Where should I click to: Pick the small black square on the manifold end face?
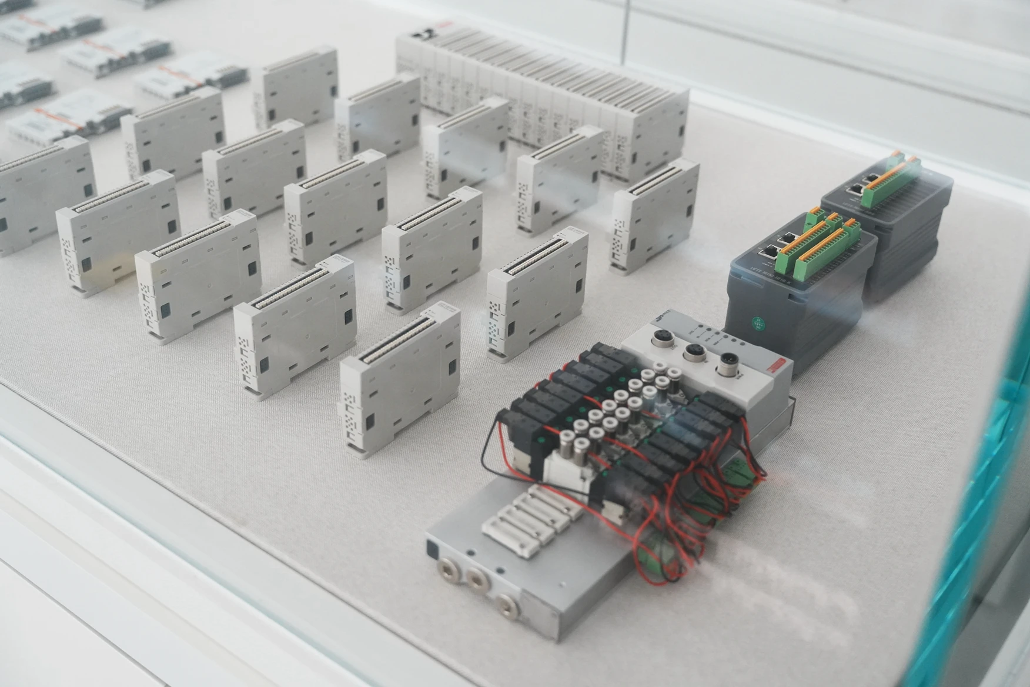433,551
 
